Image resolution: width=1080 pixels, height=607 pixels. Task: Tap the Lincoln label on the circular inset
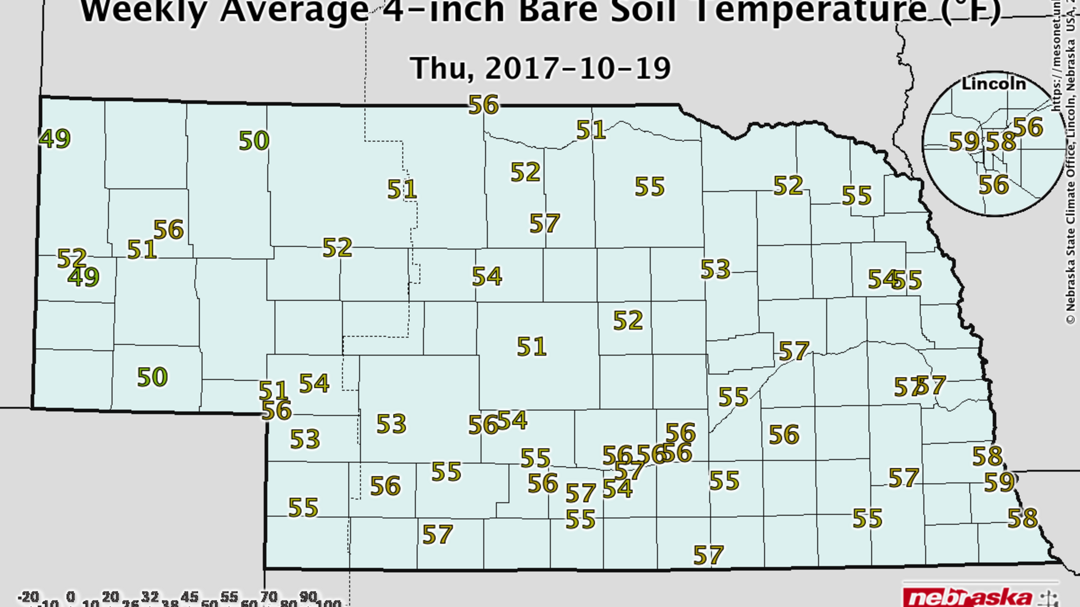click(993, 84)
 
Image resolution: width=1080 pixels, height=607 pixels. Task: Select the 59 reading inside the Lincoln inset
click(964, 141)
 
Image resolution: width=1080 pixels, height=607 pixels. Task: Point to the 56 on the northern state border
click(483, 104)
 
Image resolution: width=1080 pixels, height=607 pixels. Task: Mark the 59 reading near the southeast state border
click(999, 482)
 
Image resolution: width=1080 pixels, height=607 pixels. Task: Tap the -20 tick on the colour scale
click(29, 596)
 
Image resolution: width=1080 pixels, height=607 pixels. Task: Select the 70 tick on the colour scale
click(269, 596)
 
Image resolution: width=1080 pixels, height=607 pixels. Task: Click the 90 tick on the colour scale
click(308, 596)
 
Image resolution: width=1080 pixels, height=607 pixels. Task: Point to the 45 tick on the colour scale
click(190, 596)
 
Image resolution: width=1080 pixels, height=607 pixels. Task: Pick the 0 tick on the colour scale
click(71, 596)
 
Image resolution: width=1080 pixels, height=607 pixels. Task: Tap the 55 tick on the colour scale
click(229, 596)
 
